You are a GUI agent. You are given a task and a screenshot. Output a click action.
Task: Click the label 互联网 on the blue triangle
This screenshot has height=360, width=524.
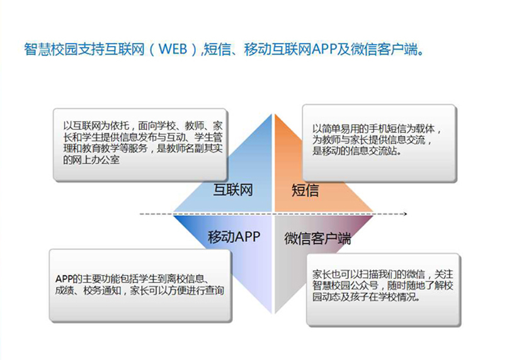click(x=233, y=190)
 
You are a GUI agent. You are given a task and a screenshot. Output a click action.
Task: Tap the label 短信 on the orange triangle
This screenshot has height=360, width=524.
click(x=305, y=190)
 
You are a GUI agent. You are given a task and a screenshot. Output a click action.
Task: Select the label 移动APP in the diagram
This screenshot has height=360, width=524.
click(x=234, y=237)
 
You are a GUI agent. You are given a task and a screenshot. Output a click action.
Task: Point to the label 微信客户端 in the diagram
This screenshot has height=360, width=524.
click(x=317, y=239)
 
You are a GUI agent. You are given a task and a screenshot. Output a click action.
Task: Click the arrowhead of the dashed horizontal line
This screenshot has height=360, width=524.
click(x=406, y=214)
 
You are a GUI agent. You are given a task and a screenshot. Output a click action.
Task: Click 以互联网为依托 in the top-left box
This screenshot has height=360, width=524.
click(x=96, y=126)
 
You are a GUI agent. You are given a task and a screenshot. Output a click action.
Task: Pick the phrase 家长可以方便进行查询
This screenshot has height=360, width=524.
click(x=177, y=290)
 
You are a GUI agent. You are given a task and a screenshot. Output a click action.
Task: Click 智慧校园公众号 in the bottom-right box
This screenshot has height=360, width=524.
click(x=346, y=286)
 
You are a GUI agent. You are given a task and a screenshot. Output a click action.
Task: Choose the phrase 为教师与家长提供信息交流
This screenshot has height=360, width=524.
click(x=369, y=140)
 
